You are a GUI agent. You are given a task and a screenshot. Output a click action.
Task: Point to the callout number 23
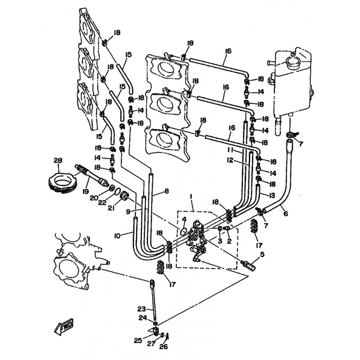tap(142, 309)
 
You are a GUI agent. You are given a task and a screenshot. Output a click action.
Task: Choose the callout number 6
tap(286, 214)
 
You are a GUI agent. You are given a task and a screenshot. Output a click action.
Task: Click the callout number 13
tap(272, 195)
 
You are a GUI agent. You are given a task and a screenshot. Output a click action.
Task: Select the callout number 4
tap(184, 219)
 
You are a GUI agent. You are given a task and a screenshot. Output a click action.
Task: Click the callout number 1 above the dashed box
tap(191, 197)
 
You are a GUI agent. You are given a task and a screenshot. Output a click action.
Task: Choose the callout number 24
tap(143, 318)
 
